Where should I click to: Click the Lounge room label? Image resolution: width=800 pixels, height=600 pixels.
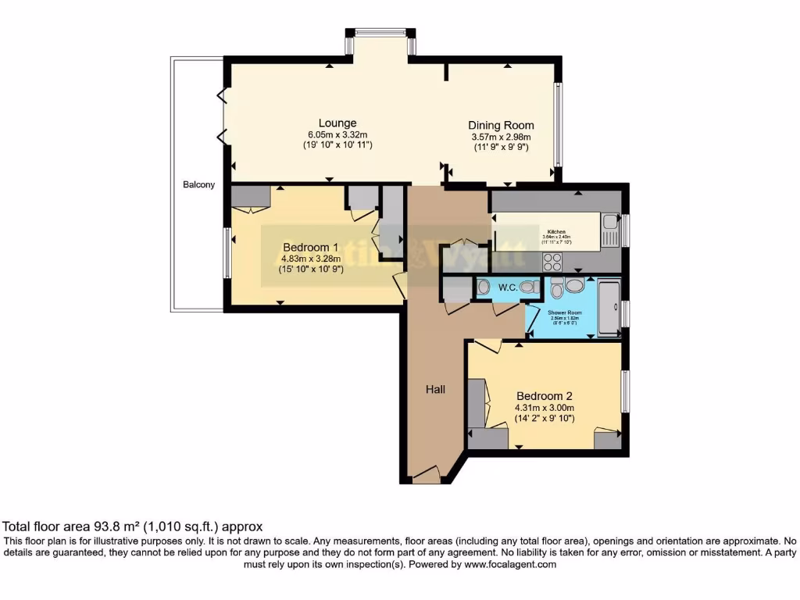337,123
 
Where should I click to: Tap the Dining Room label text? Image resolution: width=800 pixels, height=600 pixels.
501,125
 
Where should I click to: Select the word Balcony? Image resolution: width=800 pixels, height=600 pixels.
198,185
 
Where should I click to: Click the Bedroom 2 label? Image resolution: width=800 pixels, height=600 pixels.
545,395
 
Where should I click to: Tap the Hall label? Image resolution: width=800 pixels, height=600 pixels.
435,389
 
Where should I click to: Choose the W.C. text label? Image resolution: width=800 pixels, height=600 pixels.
507,287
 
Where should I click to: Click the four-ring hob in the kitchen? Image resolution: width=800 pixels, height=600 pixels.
552,261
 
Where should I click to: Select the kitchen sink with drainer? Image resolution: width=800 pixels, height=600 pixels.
610,230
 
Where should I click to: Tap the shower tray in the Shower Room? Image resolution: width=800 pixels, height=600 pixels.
609,309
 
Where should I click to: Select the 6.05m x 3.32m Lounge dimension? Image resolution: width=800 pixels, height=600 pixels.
337,134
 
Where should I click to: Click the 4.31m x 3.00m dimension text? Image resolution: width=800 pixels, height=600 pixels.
545,407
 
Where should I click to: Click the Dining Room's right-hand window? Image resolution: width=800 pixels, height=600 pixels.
558,125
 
